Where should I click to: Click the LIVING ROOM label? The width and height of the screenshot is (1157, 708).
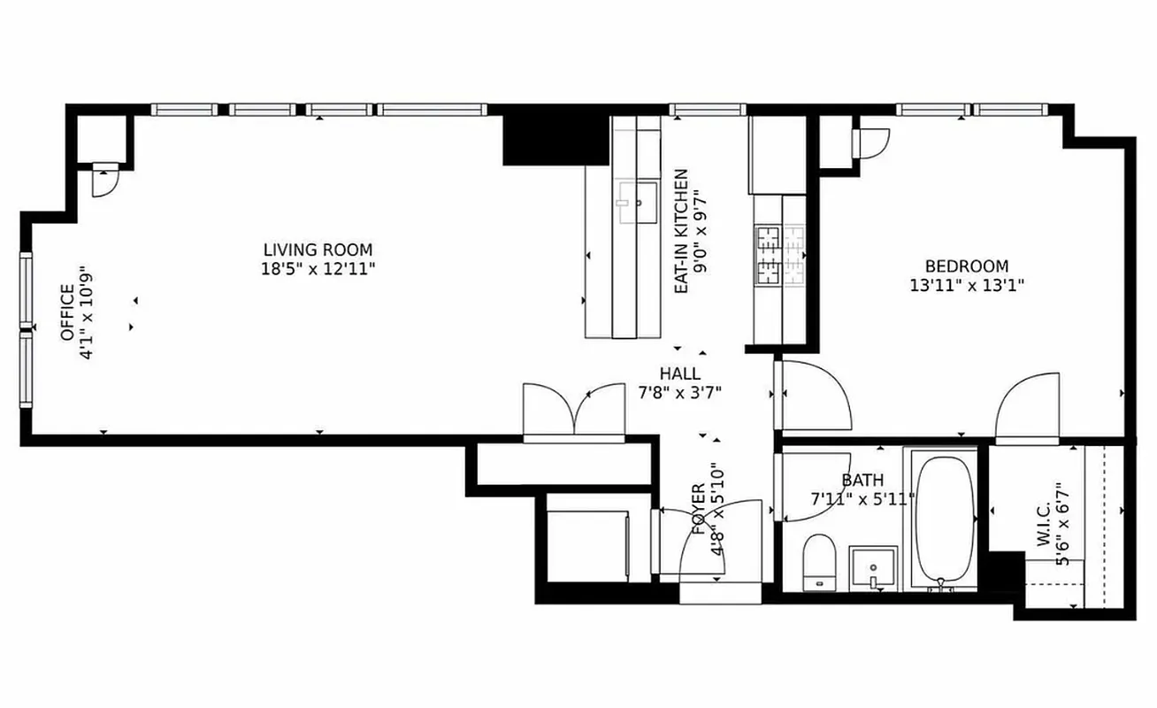click(318, 250)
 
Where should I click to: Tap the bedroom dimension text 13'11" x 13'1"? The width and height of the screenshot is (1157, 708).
click(966, 286)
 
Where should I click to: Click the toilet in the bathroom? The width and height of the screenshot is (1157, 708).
click(817, 561)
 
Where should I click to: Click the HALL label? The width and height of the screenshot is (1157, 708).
click(679, 373)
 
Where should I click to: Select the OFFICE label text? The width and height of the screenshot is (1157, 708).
click(66, 312)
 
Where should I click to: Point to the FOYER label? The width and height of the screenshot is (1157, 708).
click(698, 510)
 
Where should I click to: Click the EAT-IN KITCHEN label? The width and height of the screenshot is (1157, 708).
click(681, 232)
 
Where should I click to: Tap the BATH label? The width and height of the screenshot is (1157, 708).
click(862, 481)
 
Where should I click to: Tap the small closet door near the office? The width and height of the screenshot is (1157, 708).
click(103, 181)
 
